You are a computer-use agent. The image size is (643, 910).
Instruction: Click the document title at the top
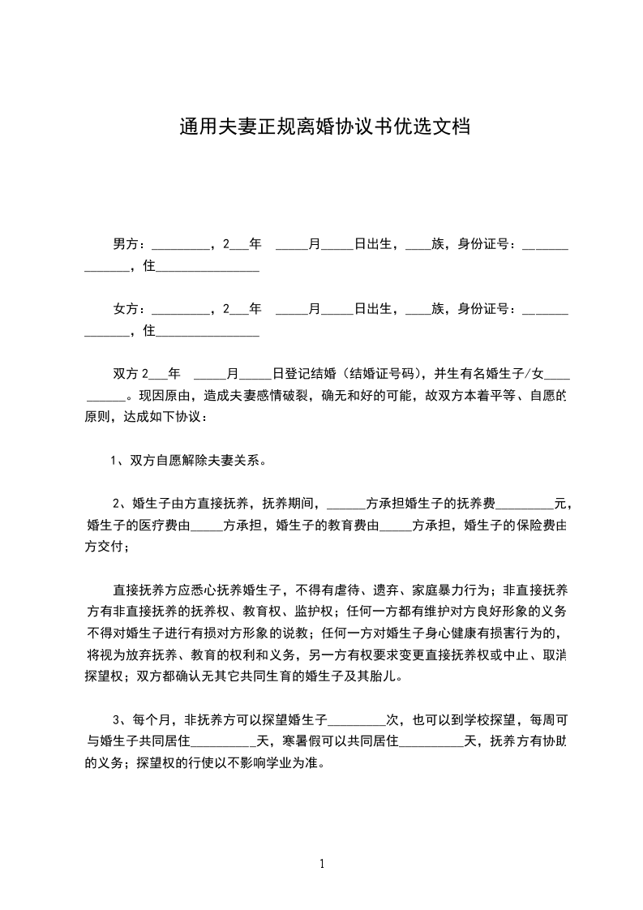coord(325,127)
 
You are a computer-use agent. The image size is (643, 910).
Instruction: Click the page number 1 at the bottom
coord(322,864)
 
